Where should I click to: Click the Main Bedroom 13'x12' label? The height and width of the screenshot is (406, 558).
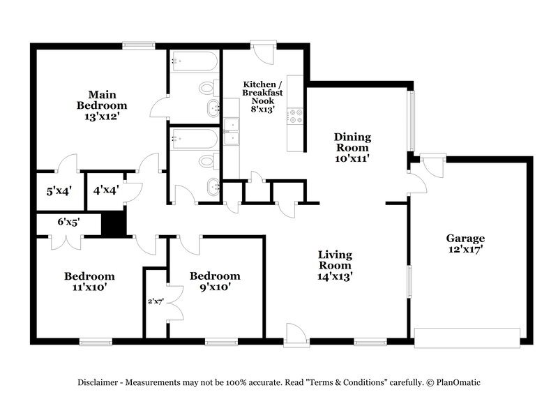[102, 105]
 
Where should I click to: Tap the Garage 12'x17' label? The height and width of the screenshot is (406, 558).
[465, 243]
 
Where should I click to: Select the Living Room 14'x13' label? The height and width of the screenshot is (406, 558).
[335, 265]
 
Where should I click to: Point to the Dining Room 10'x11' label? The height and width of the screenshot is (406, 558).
[352, 147]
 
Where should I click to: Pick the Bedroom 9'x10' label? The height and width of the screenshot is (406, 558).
[215, 281]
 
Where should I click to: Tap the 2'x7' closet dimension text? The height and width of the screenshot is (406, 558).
[155, 302]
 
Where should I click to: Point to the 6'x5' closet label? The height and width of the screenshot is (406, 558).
[68, 222]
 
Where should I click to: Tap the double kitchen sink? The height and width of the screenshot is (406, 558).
[232, 131]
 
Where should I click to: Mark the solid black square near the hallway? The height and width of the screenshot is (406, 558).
[113, 224]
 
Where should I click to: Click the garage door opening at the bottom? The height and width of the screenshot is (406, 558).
[467, 337]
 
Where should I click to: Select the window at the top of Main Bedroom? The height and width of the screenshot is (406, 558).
[138, 46]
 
